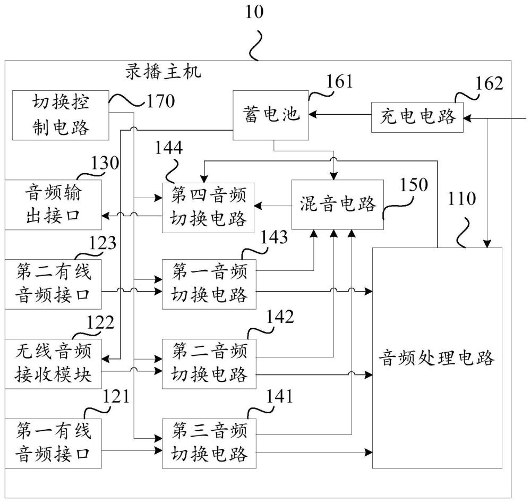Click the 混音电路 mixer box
pos(338,204)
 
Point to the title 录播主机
pos(163,72)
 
